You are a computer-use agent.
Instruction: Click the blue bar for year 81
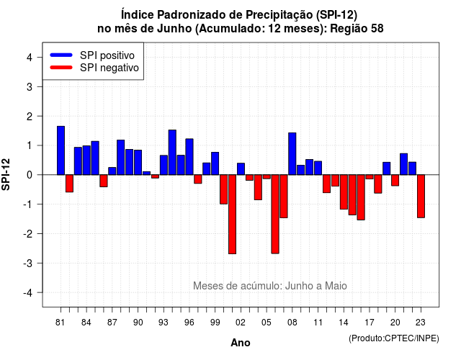[61, 150]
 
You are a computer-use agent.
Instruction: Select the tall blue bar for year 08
[292, 153]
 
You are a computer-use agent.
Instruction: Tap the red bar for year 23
[421, 196]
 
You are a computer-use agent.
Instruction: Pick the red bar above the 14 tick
[344, 192]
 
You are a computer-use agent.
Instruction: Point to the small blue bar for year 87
[112, 171]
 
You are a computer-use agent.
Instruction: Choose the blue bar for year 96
[189, 157]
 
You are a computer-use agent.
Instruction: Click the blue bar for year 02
[241, 169]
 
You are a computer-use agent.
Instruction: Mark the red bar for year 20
[395, 180]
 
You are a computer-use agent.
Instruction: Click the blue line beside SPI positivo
[61, 55]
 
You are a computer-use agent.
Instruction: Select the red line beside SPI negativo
[61, 67]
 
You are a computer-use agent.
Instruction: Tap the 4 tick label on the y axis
[30, 58]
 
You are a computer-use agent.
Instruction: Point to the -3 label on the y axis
[27, 263]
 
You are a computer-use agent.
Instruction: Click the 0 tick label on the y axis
[30, 175]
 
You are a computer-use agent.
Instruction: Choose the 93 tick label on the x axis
[164, 323]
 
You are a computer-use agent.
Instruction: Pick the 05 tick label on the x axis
[267, 323]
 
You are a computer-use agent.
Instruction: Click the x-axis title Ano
[241, 343]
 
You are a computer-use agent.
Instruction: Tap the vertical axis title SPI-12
[6, 174]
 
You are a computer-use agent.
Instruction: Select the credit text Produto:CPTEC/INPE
[394, 338]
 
